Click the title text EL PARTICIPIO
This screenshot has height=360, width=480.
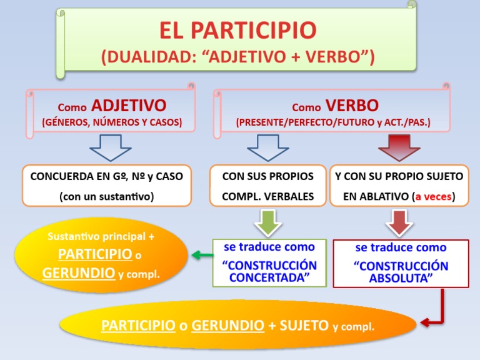(237, 30)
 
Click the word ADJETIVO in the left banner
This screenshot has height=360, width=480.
(129, 104)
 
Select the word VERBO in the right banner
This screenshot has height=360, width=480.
(352, 104)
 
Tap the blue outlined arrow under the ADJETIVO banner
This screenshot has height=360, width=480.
(110, 151)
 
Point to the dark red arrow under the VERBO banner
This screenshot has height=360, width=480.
(399, 151)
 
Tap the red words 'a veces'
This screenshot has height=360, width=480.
(433, 197)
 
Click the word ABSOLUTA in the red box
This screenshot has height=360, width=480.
(401, 278)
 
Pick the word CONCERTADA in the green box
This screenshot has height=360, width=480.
(269, 277)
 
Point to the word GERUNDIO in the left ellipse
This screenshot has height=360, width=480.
(79, 273)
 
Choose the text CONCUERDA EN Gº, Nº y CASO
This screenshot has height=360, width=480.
(107, 176)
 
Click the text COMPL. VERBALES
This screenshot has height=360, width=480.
(268, 197)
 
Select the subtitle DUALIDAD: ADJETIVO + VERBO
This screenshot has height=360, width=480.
(237, 57)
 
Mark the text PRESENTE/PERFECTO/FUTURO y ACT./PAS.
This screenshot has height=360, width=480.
(333, 122)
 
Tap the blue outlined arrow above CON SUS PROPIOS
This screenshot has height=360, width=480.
(267, 151)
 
